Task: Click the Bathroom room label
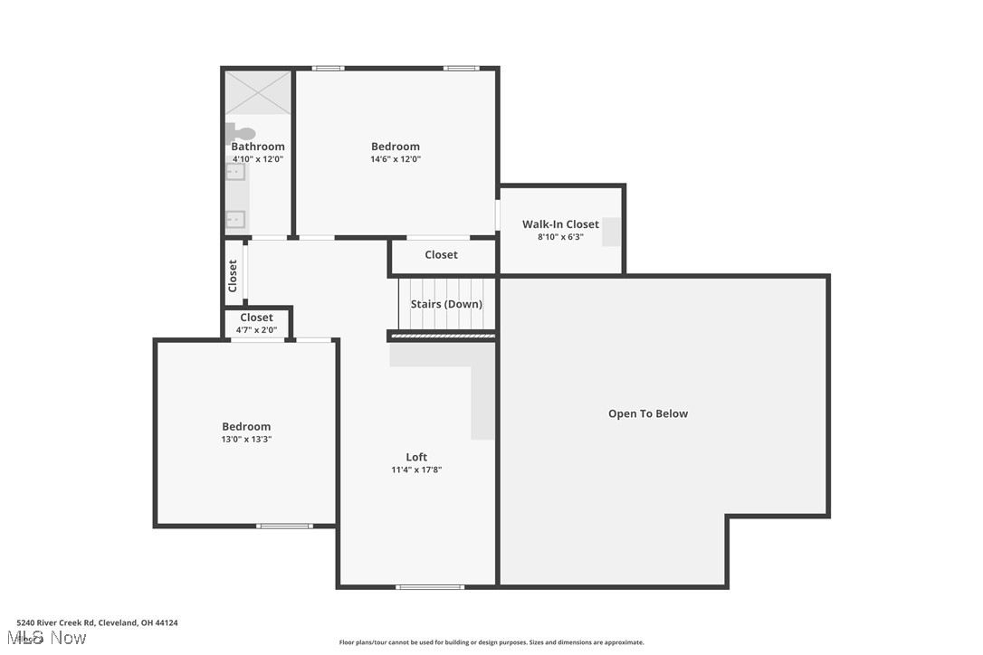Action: point(258,147)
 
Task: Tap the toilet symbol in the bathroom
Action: point(242,134)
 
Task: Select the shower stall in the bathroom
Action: point(258,93)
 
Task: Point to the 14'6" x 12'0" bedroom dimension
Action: point(396,159)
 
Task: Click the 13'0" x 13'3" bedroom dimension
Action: point(246,440)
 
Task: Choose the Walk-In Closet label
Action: point(560,224)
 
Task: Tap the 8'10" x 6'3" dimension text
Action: point(560,237)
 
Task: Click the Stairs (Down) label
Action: point(446,304)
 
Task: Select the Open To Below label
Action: point(648,414)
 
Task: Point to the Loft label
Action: point(416,457)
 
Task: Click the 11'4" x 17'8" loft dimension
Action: point(416,470)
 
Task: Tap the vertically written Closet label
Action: point(233,275)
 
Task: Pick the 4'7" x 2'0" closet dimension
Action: point(256,330)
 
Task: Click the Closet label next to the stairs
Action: point(442,255)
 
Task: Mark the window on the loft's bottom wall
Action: point(430,587)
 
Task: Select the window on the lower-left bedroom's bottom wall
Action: point(284,526)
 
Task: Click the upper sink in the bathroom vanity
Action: point(234,172)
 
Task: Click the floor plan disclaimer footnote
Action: point(491,642)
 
